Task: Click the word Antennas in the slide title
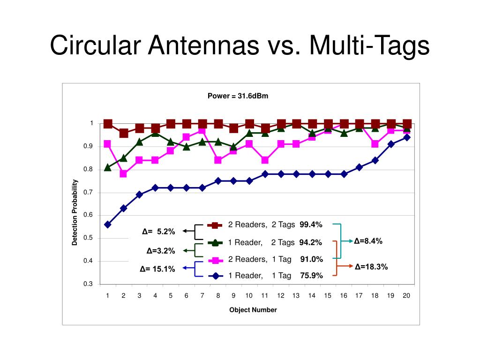coord(203,45)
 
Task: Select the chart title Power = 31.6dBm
coord(238,96)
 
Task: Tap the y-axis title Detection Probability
coord(75,212)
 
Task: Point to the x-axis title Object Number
coord(253,310)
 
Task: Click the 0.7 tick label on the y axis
coord(88,192)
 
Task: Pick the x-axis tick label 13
coord(296,295)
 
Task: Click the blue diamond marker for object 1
coord(108,225)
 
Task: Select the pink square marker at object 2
coord(123,173)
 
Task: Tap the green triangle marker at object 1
coord(108,167)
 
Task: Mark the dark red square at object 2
coord(124,133)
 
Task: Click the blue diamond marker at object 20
coord(407,137)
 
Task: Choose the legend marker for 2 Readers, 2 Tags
coord(215,225)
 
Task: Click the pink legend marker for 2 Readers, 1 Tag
coord(216,261)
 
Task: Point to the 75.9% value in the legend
coord(311,276)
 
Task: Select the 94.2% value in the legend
coord(310,242)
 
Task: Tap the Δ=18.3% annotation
coord(371,267)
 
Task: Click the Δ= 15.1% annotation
coord(157,269)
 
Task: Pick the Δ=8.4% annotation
coord(368,241)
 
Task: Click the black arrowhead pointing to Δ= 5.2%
coord(185,231)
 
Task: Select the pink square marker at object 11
coord(265,160)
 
